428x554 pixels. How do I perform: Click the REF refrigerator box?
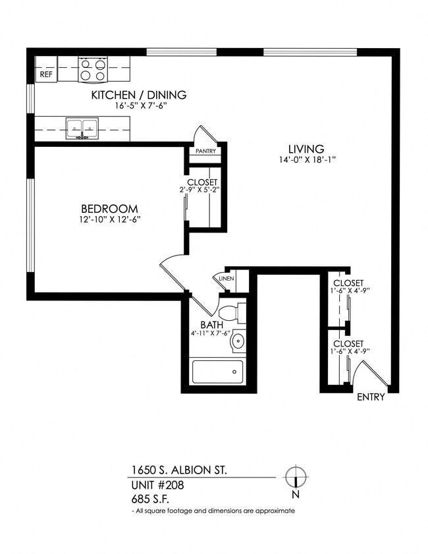46,74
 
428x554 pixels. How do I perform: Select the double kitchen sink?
82,128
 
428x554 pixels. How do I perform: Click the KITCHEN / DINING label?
138,95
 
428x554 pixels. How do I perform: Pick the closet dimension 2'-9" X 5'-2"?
202,191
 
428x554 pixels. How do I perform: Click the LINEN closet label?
227,279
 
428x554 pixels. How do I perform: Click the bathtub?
217,372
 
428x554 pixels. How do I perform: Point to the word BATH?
211,325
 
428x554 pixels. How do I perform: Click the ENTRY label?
371,397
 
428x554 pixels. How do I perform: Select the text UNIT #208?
157,485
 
